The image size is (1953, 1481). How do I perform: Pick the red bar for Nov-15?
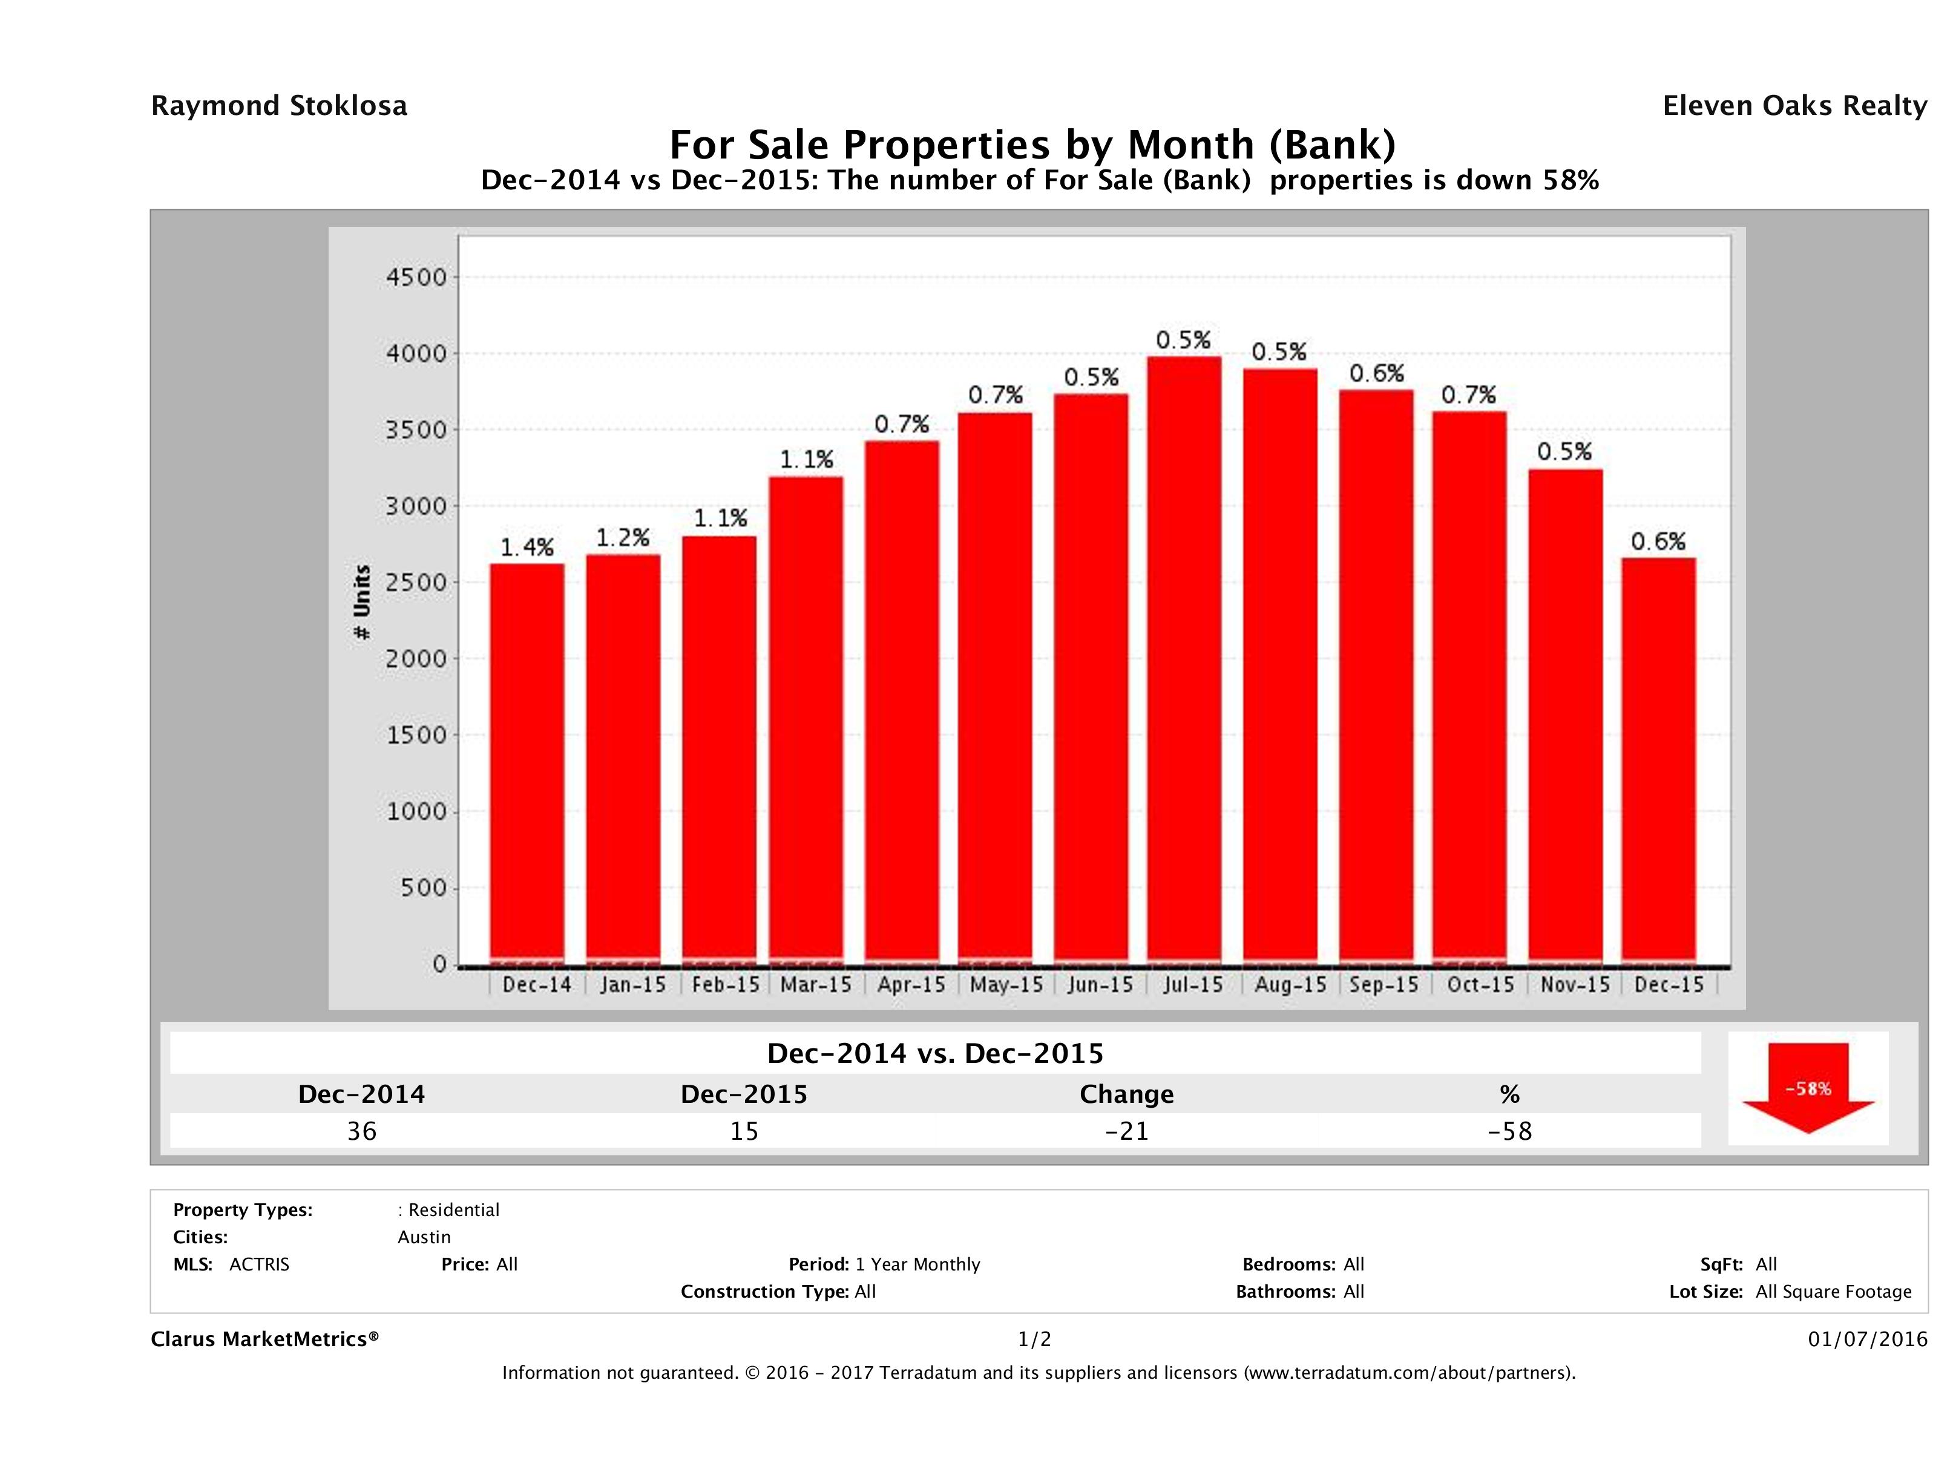[x=1566, y=715]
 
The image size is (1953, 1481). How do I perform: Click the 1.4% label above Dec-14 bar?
[x=527, y=548]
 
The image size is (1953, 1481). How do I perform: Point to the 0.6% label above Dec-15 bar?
[x=1658, y=541]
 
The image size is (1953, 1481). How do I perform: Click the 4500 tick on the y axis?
[x=417, y=277]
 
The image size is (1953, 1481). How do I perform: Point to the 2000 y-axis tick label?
[x=417, y=658]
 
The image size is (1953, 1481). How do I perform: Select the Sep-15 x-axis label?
[x=1384, y=985]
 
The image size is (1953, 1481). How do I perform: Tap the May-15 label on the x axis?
[x=1006, y=985]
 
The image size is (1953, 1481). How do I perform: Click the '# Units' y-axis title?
[x=362, y=602]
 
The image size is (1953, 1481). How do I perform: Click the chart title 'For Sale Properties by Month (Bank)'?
[x=1033, y=144]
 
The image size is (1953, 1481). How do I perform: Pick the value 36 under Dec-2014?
[x=362, y=1131]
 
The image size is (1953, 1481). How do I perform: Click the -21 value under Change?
[x=1127, y=1131]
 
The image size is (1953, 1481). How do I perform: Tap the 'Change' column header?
[x=1127, y=1094]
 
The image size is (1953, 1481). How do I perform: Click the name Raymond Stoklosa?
[x=279, y=106]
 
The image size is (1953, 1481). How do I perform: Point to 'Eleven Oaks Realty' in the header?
[x=1794, y=106]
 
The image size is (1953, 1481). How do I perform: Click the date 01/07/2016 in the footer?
[x=1867, y=1339]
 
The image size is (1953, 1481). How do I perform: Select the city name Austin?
[x=424, y=1237]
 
